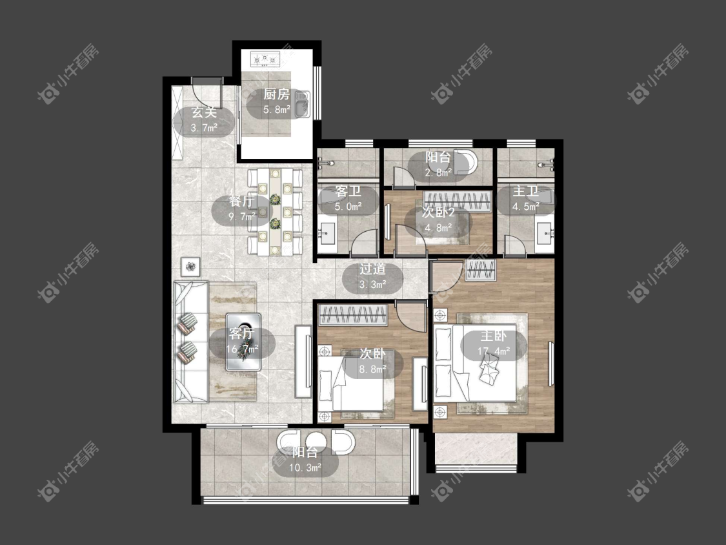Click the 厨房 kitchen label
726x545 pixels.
click(276, 94)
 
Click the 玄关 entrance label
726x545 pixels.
click(204, 112)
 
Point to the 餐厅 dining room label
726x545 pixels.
click(242, 201)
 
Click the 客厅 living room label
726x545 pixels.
click(242, 334)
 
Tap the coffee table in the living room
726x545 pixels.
click(243, 342)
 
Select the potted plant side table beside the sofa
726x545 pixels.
click(191, 267)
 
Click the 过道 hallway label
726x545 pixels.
click(373, 269)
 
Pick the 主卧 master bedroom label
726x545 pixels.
click(494, 336)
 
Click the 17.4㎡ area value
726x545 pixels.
click(494, 351)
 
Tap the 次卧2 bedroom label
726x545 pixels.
click(438, 212)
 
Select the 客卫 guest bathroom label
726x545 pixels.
click(348, 191)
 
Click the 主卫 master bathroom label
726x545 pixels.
click(525, 191)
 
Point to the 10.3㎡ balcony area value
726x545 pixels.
click(305, 468)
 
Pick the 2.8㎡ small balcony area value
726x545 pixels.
click(438, 173)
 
